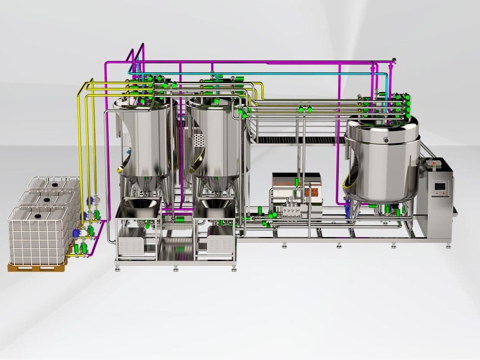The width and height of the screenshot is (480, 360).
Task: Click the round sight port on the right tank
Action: [386, 141]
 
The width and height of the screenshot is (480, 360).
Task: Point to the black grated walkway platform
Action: [297, 140]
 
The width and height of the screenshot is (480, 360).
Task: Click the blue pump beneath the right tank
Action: [347, 209]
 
